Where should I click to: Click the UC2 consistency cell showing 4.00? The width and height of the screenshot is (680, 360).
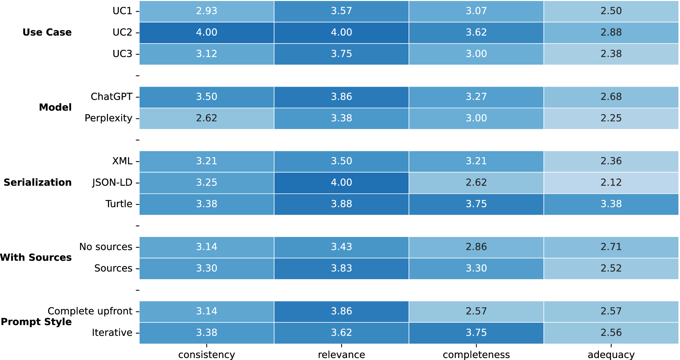[x=207, y=32]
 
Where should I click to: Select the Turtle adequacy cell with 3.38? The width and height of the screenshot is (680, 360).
[x=611, y=204]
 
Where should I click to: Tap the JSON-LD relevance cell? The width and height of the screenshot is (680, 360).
[x=341, y=183]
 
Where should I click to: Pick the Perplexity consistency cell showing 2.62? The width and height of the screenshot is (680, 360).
[x=207, y=118]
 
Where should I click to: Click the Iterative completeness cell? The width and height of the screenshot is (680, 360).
[x=476, y=333]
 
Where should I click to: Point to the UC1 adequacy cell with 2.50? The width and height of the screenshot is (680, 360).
[x=611, y=11]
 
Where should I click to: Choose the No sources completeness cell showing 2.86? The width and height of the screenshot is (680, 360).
[x=476, y=247]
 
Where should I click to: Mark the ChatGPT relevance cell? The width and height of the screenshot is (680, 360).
[x=341, y=97]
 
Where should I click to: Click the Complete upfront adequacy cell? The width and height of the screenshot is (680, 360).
[x=611, y=311]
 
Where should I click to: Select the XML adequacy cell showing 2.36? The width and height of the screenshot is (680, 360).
[x=611, y=161]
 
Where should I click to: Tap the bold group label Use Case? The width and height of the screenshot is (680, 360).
[x=47, y=32]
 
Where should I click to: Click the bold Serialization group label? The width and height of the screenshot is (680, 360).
[x=38, y=182]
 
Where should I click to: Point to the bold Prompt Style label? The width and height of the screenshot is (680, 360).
[x=36, y=322]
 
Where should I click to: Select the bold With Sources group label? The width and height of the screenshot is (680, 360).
[x=36, y=258]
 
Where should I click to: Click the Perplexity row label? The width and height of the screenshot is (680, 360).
[x=109, y=118]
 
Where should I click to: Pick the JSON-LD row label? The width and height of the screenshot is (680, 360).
[x=112, y=183]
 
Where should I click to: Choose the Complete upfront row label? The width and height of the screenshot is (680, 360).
[x=90, y=311]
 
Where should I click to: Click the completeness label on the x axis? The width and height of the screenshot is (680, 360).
[x=476, y=355]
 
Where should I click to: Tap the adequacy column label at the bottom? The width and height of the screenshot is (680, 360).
[x=611, y=355]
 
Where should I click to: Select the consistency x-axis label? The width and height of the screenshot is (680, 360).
[x=207, y=355]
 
